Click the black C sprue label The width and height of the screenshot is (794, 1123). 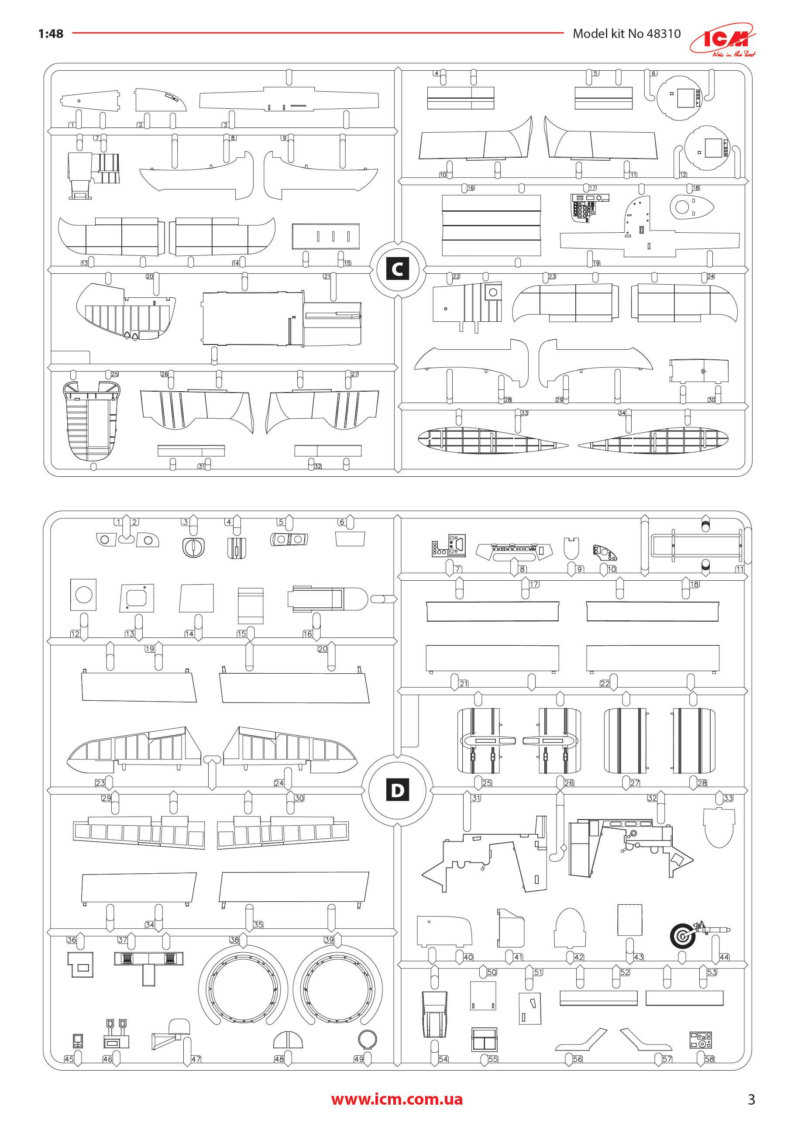397,269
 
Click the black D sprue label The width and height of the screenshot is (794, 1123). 397,790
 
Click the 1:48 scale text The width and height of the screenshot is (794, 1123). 50,33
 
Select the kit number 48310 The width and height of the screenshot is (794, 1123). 663,33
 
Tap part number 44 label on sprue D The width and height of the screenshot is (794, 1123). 724,957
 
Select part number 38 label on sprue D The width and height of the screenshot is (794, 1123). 234,940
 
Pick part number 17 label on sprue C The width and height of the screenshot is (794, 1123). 593,188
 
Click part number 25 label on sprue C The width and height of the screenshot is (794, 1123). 114,374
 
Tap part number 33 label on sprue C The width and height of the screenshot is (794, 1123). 524,413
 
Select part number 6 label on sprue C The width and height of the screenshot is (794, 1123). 653,73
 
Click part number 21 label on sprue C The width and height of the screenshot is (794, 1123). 327,276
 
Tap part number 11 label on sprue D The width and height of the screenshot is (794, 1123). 739,569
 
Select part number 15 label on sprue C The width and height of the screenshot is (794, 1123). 347,263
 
